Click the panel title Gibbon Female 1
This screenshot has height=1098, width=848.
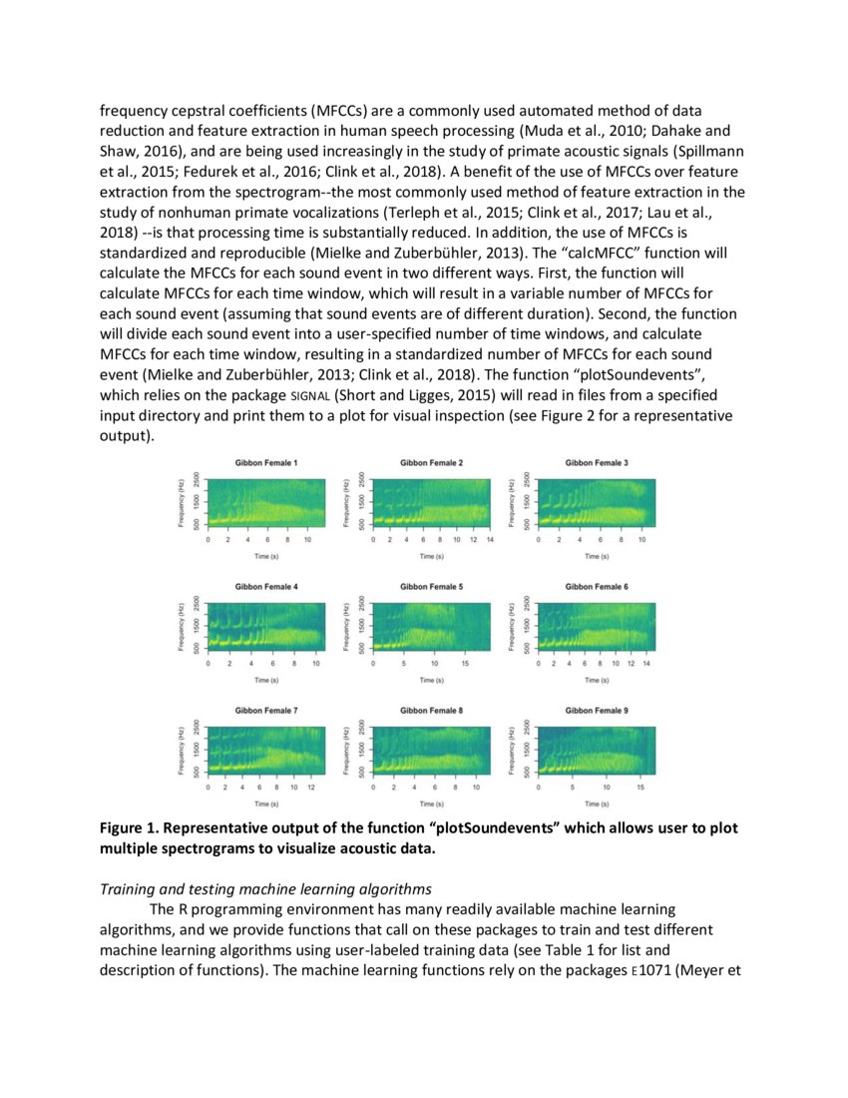click(x=265, y=463)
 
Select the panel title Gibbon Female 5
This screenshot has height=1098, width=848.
click(x=431, y=586)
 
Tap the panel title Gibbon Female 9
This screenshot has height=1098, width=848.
click(x=597, y=710)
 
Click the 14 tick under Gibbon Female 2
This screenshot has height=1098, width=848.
click(x=490, y=539)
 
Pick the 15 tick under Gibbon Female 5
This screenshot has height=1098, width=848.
click(x=465, y=663)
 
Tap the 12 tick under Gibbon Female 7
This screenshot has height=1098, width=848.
click(x=311, y=787)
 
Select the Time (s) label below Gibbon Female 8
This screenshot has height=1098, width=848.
click(x=431, y=803)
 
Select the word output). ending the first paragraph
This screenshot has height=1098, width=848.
click(x=128, y=436)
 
